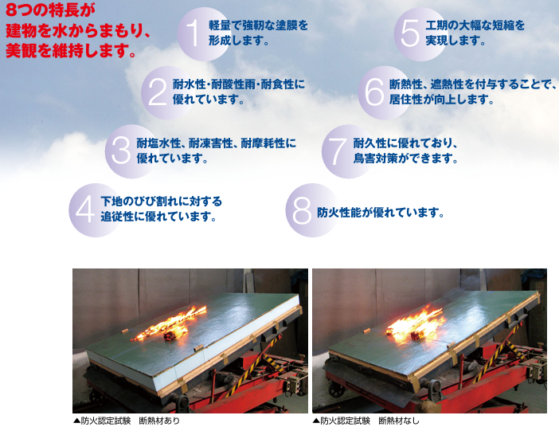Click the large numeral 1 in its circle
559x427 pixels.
[204, 33]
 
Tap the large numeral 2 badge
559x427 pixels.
[167, 92]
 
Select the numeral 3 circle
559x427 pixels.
[131, 151]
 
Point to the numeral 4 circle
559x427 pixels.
[96, 210]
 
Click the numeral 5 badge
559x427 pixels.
[420, 33]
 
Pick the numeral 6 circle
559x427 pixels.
[385, 92]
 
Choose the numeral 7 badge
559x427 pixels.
[348, 151]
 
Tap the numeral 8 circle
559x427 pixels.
[312, 210]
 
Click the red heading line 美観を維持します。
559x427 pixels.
[71, 50]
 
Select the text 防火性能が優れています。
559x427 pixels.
[381, 213]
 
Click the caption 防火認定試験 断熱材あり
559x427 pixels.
[126, 421]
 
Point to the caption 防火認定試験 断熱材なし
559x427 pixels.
[366, 421]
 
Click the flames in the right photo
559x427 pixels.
[416, 324]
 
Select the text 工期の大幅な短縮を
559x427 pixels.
[475, 25]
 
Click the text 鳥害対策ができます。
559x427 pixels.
[406, 158]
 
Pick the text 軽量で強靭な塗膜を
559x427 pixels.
[259, 25]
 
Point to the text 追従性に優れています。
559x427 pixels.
[159, 217]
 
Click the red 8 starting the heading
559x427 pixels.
[12, 10]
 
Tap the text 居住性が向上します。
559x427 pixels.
[442, 99]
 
